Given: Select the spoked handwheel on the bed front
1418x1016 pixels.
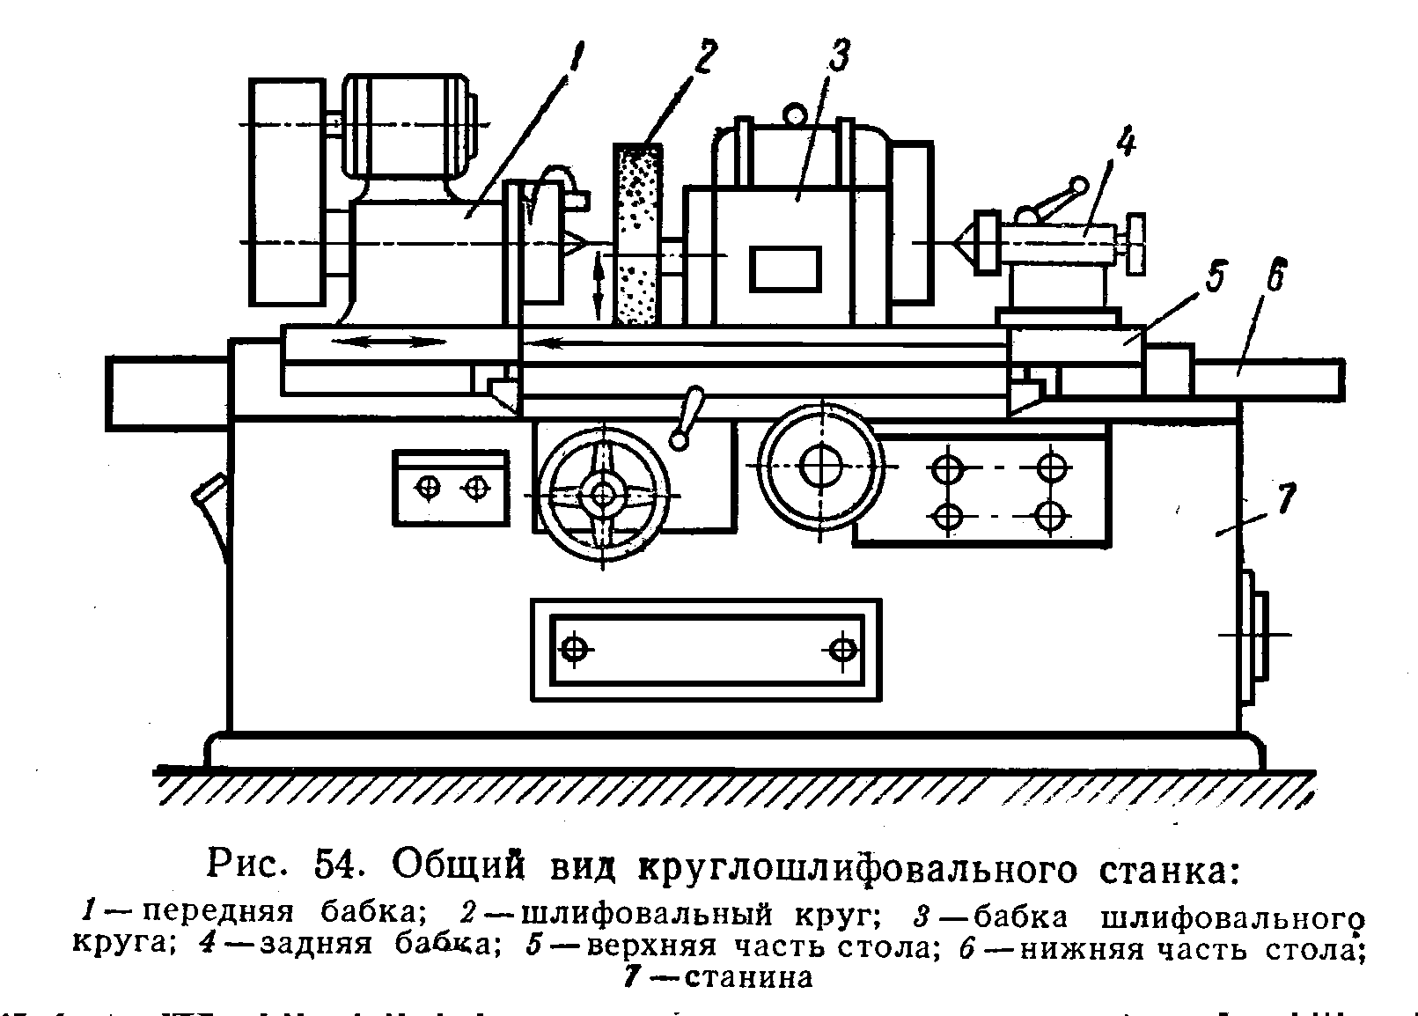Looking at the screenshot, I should (603, 495).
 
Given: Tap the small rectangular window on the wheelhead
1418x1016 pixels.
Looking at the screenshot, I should (785, 268).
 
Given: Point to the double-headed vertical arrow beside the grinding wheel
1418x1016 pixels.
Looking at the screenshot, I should (599, 283).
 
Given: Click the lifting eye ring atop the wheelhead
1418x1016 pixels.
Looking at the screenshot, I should (795, 114).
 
